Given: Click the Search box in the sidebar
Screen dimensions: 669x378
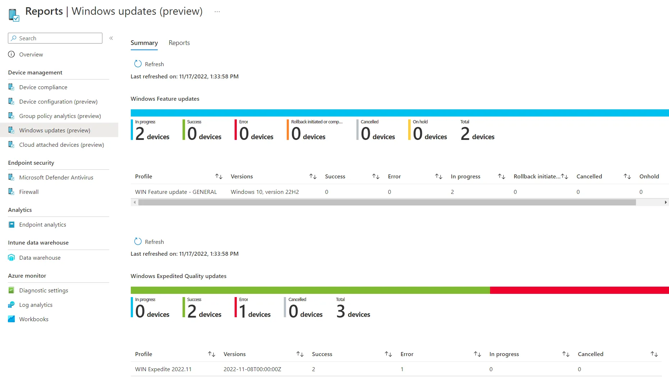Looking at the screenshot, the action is (55, 38).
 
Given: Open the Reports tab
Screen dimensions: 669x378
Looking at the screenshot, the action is (179, 43).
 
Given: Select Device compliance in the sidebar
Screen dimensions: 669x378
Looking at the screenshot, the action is (43, 87).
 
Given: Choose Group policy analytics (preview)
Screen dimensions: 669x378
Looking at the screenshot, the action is (60, 116).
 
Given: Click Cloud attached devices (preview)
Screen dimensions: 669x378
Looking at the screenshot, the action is (61, 145).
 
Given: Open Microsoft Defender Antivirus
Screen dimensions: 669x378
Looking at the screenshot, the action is (56, 177).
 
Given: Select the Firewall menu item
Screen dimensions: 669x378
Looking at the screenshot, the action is (29, 192).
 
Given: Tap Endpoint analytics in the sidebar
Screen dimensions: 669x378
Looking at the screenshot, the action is (42, 224).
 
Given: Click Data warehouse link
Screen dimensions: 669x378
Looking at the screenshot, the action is (40, 258).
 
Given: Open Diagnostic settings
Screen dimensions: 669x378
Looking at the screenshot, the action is (43, 290).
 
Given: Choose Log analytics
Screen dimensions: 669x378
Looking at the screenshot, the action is (36, 305).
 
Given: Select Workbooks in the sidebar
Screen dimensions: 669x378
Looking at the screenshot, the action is (34, 319).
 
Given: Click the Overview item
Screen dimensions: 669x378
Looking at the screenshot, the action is (31, 54).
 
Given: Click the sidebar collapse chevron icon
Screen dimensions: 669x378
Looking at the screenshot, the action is (111, 38).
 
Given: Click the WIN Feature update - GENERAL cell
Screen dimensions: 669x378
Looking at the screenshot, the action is (176, 192).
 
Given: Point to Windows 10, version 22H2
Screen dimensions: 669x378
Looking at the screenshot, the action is (265, 192).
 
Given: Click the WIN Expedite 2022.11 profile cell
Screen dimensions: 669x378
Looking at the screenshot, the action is (163, 369).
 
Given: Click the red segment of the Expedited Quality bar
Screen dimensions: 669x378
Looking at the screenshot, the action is (579, 290).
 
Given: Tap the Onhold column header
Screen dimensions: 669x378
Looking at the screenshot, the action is (649, 176).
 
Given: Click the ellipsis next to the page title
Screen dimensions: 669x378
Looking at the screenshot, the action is (217, 12).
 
